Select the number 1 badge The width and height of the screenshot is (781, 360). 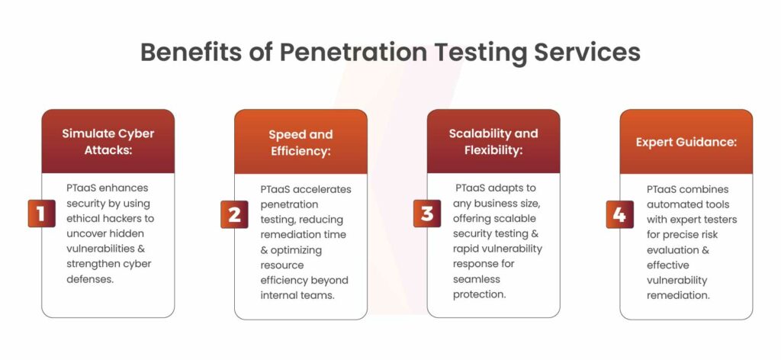click(42, 214)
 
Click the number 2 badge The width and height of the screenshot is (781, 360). click(234, 214)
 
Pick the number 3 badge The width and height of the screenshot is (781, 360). click(427, 214)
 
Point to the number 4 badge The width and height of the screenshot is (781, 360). click(619, 214)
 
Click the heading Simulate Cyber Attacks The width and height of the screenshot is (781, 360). click(108, 142)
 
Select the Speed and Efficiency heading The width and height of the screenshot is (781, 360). click(301, 143)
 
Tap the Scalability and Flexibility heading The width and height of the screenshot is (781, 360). click(493, 142)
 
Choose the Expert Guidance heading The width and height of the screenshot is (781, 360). click(686, 143)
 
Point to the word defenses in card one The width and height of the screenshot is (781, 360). click(90, 279)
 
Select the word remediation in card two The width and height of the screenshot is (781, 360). click(289, 234)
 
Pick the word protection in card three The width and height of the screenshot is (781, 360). click(479, 294)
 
